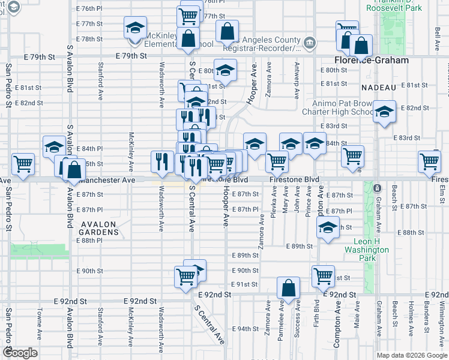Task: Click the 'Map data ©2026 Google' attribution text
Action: (x=412, y=355)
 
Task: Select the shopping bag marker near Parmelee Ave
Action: (x=289, y=288)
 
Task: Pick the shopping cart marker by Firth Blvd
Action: (x=323, y=276)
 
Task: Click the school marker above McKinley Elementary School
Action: (x=135, y=27)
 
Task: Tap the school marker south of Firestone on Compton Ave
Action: (x=327, y=228)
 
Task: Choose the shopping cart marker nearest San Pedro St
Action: (x=23, y=163)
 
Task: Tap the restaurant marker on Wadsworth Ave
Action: (x=161, y=160)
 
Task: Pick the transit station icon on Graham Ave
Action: (x=378, y=188)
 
